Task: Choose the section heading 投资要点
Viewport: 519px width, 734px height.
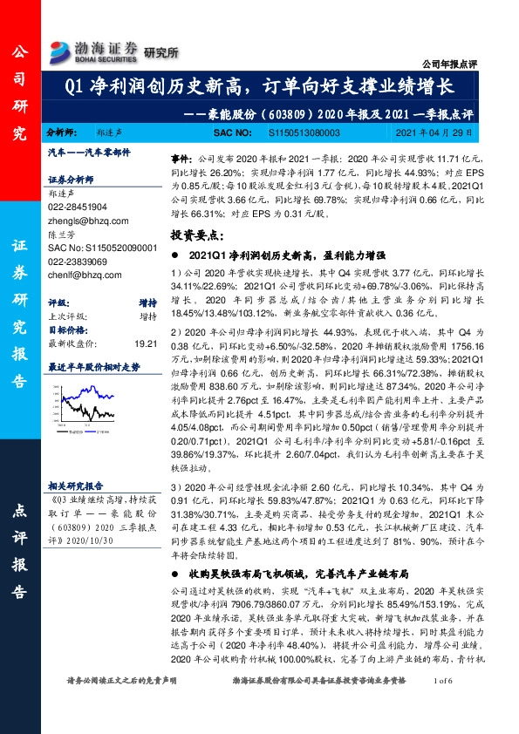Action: point(197,235)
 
